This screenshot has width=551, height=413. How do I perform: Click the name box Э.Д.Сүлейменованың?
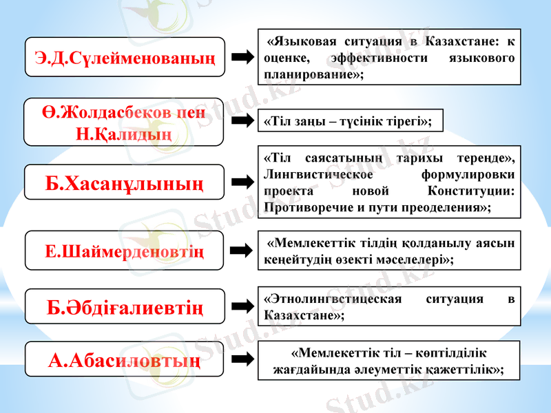click(x=125, y=56)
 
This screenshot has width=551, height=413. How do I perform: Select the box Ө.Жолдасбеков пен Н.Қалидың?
click(x=124, y=121)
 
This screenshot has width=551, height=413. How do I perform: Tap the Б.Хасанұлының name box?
click(x=125, y=182)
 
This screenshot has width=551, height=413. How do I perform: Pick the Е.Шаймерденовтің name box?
click(x=125, y=251)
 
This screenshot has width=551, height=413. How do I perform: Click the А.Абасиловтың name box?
click(x=125, y=359)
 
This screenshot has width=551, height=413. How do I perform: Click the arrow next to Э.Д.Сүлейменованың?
click(x=242, y=57)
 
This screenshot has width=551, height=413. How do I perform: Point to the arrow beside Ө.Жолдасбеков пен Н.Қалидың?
click(x=242, y=121)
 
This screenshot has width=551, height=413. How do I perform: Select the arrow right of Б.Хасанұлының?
click(x=242, y=182)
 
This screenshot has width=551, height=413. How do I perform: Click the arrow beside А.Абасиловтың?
click(x=242, y=359)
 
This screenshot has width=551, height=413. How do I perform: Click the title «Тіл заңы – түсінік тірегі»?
click(x=349, y=121)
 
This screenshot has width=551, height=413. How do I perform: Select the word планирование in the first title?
click(x=308, y=74)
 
